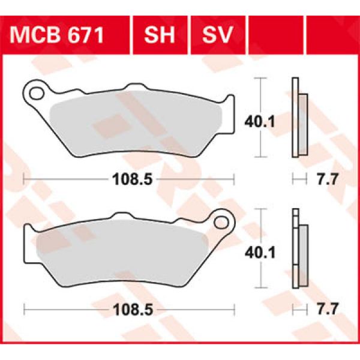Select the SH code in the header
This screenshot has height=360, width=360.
click(x=159, y=35)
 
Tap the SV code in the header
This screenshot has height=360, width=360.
click(x=217, y=35)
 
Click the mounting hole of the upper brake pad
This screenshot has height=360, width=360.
click(x=38, y=92)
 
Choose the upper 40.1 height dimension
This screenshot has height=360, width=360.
click(x=277, y=122)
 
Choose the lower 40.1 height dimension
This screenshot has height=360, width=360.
click(x=277, y=253)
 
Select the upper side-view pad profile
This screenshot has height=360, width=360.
click(x=298, y=118)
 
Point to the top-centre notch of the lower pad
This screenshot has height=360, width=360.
click(x=122, y=215)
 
